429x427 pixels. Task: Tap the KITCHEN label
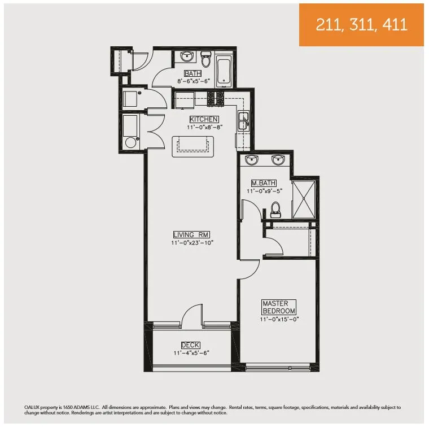pos(204,119)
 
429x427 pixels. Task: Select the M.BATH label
pos(264,183)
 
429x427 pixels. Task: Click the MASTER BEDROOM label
pos(279,307)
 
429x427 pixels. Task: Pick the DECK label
pos(191,345)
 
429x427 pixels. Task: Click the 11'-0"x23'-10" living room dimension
pos(192,243)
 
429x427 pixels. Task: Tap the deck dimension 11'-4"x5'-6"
pos(191,353)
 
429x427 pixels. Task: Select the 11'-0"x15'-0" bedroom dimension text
pos(279,319)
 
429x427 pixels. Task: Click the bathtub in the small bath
pos(225,69)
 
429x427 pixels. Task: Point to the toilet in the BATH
pos(206,59)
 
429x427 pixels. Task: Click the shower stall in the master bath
pos(305,198)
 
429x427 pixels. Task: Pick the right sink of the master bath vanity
pos(277,160)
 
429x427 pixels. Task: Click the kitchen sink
pos(243,120)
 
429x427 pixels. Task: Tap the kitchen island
pos(195,146)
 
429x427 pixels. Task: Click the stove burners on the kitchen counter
pos(216,99)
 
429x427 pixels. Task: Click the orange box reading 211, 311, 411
pos(361,25)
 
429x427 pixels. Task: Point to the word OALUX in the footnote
pos(32,407)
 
